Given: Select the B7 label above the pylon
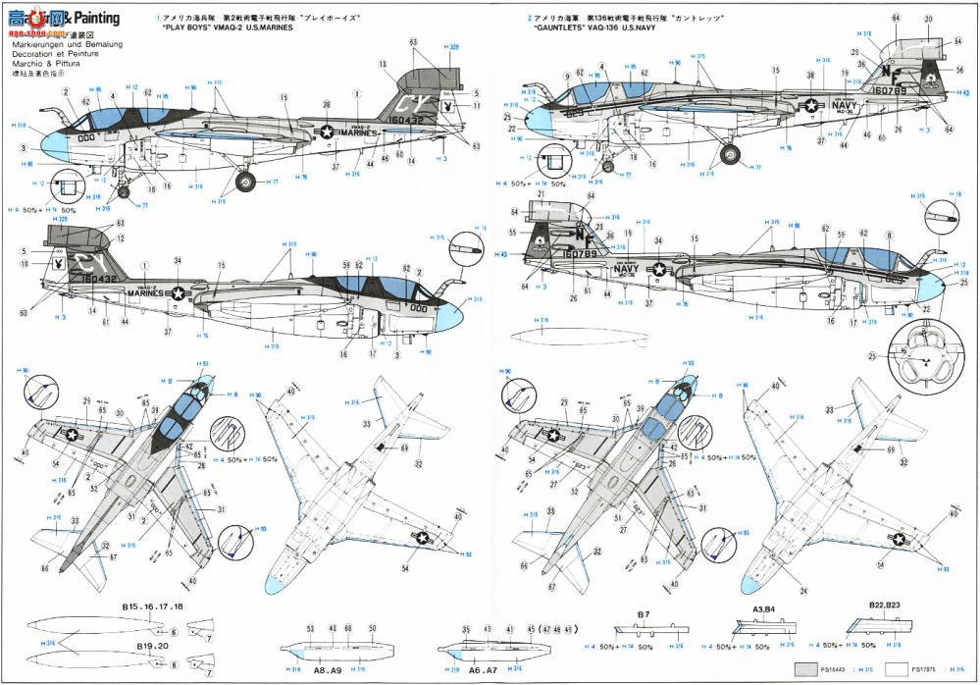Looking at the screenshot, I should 645,614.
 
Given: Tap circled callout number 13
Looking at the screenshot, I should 382,63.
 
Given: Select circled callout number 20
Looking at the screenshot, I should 928,19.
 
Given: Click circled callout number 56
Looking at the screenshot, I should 959,69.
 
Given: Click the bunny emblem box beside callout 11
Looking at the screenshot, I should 447,106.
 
